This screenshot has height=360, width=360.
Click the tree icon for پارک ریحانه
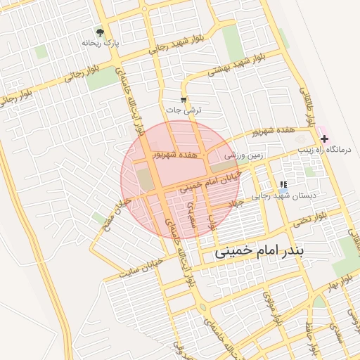[101, 32]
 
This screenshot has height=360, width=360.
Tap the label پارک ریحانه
[98, 44]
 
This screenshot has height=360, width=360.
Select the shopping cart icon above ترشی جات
[184, 100]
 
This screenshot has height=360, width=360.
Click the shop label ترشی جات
[184, 110]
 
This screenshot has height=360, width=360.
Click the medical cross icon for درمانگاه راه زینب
[323, 139]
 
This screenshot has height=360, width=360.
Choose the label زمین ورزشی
[243, 153]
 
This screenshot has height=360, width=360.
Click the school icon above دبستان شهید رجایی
[283, 184]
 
